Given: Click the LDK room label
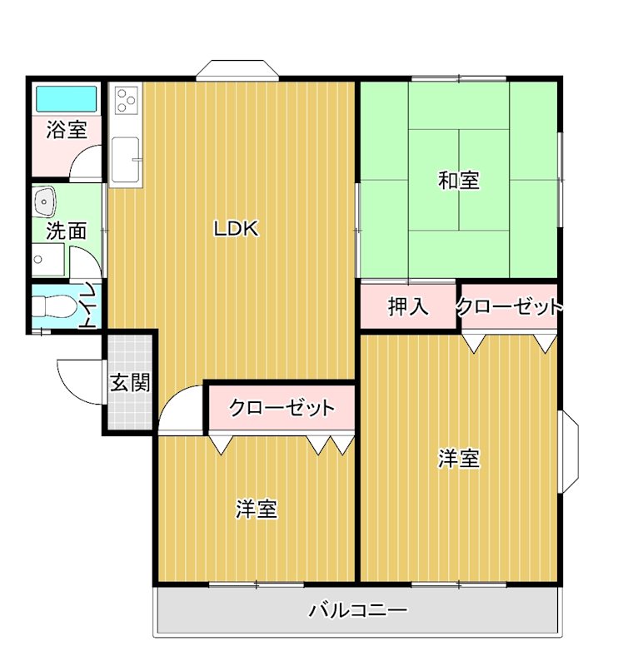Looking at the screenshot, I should (237, 229).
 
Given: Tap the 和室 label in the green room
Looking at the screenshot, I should (459, 180).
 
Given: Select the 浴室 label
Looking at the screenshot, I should (67, 130).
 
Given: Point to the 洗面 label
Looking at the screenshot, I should (66, 231).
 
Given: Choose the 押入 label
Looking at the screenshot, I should (408, 306).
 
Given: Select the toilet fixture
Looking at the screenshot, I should (52, 307).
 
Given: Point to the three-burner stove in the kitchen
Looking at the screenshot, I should (127, 101).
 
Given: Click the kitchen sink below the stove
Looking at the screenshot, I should (127, 158).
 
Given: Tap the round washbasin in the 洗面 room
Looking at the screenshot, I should (44, 200).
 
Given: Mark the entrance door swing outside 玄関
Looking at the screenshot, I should (80, 379).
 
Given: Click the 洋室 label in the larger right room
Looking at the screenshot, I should (459, 459).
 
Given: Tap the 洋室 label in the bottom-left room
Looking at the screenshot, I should (256, 509).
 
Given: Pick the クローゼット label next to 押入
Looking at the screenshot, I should (510, 306).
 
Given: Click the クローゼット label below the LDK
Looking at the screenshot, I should (282, 408).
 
